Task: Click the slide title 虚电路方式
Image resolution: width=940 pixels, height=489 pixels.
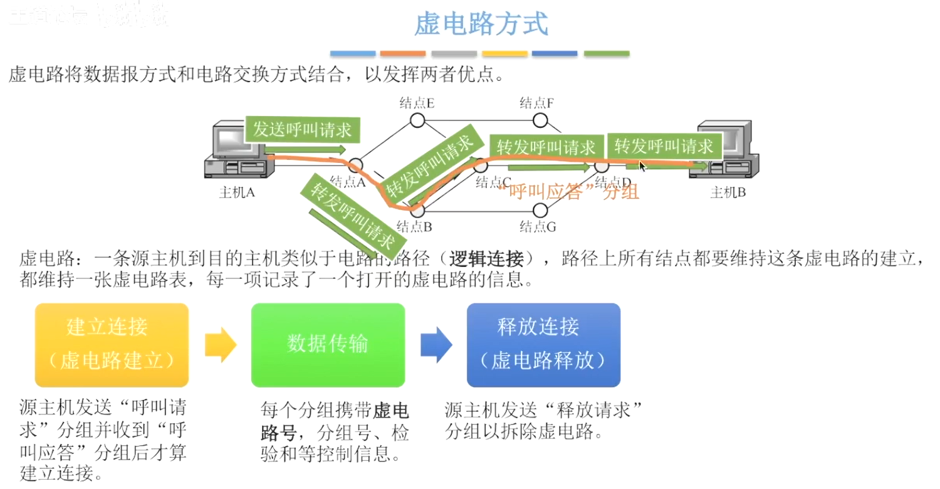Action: [481, 24]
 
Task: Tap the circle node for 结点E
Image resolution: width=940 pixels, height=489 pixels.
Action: [418, 119]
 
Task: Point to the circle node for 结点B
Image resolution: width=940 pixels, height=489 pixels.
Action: [418, 210]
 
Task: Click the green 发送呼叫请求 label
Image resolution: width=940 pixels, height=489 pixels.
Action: [302, 130]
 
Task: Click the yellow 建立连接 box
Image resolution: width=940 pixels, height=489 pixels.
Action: [112, 345]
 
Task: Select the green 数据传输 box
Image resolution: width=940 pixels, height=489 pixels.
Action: [328, 345]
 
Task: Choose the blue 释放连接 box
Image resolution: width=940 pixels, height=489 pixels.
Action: [543, 345]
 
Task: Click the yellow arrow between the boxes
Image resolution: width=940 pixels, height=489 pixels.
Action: [220, 344]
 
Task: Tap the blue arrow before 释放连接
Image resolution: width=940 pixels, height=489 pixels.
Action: [436, 344]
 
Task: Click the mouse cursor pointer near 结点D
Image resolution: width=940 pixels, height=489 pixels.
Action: [642, 166]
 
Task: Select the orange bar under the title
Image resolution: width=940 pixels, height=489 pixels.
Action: [403, 54]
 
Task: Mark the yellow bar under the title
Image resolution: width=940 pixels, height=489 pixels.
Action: [504, 54]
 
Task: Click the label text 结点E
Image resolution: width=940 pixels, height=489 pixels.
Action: [418, 102]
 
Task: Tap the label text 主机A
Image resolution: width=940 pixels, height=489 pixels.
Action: [237, 192]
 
